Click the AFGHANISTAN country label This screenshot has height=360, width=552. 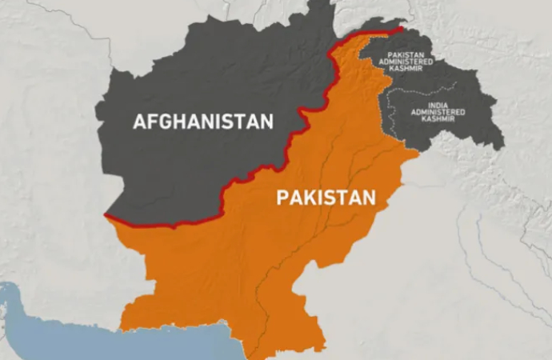click(x=202, y=122)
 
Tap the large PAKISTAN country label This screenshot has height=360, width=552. click(x=326, y=198)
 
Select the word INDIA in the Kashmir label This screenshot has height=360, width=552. click(x=438, y=105)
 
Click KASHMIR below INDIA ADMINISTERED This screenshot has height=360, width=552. click(x=438, y=119)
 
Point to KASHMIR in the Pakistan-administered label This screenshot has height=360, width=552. click(x=406, y=72)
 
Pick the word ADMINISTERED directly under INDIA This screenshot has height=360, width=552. click(x=438, y=112)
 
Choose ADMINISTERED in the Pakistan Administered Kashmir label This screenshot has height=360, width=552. click(x=406, y=65)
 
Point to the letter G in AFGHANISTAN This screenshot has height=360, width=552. click(x=165, y=122)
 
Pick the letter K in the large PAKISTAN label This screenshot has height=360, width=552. click(x=312, y=198)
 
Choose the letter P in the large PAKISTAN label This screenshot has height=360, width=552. click(x=282, y=198)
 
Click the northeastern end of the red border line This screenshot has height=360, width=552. click(x=399, y=30)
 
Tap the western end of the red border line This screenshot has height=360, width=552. click(x=107, y=215)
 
